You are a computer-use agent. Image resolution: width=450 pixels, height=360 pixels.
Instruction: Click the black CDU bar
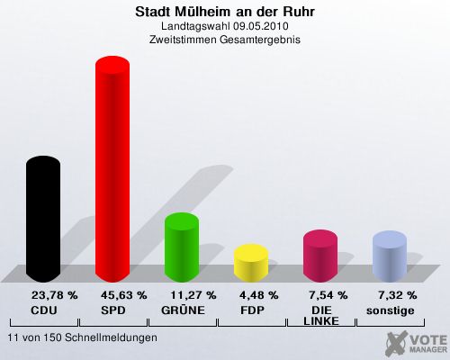pyautogui.click(x=43, y=219)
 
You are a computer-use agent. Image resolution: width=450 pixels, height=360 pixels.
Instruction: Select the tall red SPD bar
pyautogui.click(x=112, y=169)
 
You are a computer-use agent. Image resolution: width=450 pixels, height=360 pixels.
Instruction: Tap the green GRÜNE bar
pyautogui.click(x=182, y=247)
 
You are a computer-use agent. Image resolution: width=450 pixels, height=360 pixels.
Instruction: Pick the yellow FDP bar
pyautogui.click(x=251, y=263)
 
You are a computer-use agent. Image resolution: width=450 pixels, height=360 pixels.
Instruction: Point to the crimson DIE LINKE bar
pyautogui.click(x=320, y=256)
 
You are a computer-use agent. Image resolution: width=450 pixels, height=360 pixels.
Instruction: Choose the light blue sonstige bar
pyautogui.click(x=390, y=256)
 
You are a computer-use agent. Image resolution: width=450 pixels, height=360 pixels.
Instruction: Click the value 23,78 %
pyautogui.click(x=55, y=295)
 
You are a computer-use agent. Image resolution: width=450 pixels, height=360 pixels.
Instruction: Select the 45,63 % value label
pyautogui.click(x=124, y=295)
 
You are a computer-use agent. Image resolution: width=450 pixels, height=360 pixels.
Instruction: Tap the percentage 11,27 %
pyautogui.click(x=193, y=295)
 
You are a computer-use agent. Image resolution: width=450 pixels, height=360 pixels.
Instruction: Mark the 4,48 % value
pyautogui.click(x=259, y=295)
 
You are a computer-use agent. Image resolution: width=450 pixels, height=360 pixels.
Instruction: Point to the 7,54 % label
pyautogui.click(x=328, y=295)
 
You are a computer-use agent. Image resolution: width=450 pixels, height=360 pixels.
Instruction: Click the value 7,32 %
pyautogui.click(x=398, y=295)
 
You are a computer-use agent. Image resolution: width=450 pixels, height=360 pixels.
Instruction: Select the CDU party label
pyautogui.click(x=44, y=310)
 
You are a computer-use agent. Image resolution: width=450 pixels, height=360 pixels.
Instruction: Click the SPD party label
pyautogui.click(x=113, y=310)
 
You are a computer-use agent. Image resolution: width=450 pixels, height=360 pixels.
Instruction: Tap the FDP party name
pyautogui.click(x=252, y=310)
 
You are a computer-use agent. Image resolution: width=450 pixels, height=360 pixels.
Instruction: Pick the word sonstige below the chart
pyautogui.click(x=391, y=310)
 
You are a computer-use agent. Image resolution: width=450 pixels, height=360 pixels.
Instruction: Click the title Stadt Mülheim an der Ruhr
pyautogui.click(x=225, y=12)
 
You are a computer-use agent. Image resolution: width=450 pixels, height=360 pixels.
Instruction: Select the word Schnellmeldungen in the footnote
pyautogui.click(x=111, y=337)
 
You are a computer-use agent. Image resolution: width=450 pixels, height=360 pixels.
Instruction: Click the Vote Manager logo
pyautogui.click(x=417, y=343)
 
